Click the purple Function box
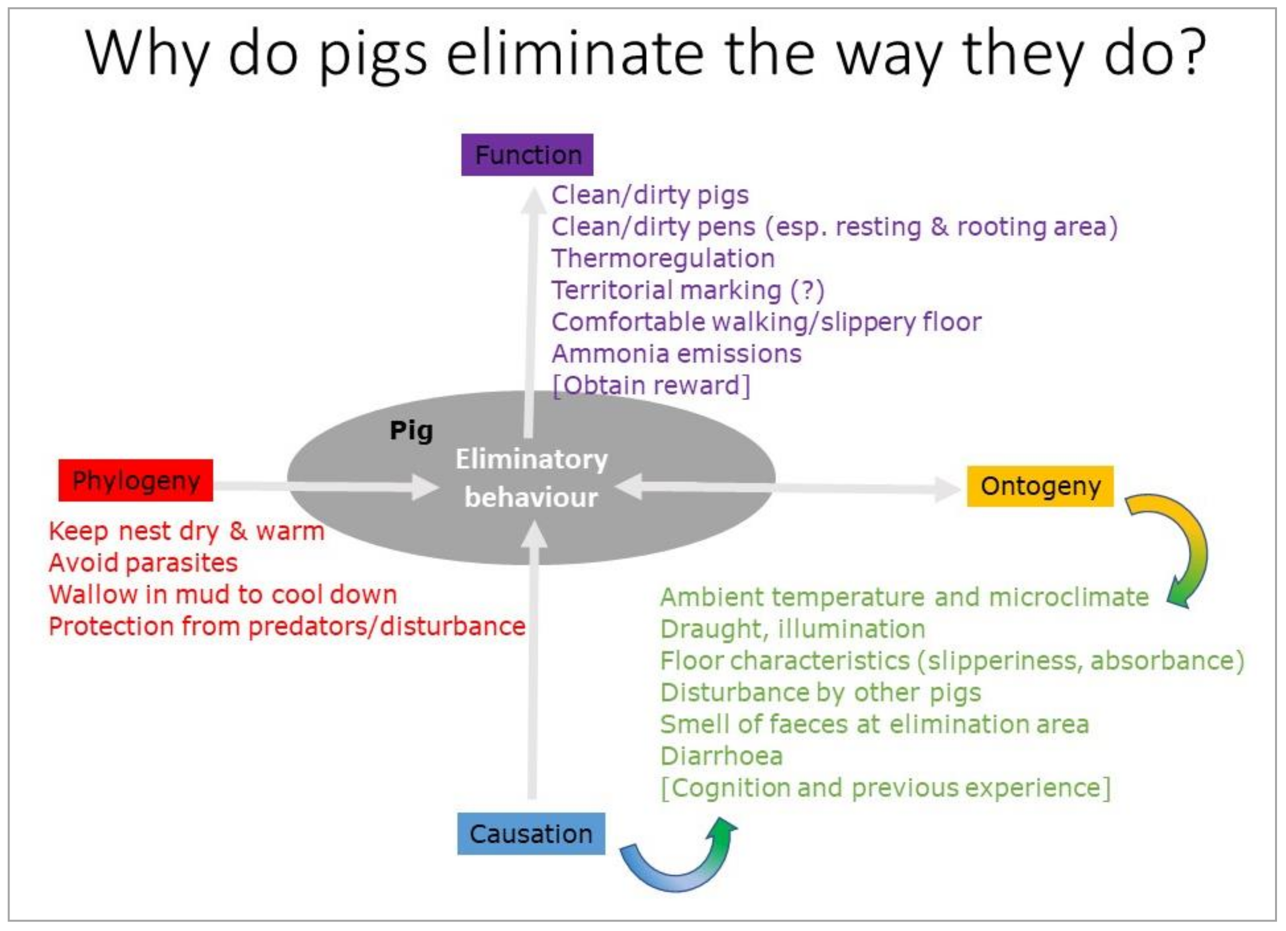527,155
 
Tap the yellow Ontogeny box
1040,486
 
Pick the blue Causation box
531,834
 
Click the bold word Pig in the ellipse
411,431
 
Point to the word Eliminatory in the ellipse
531,459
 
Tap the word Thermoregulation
663,259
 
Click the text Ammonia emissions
676,354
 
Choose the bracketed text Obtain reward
651,386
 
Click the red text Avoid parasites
143,563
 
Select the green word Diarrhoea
721,756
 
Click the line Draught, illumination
792,629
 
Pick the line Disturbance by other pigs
821,693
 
